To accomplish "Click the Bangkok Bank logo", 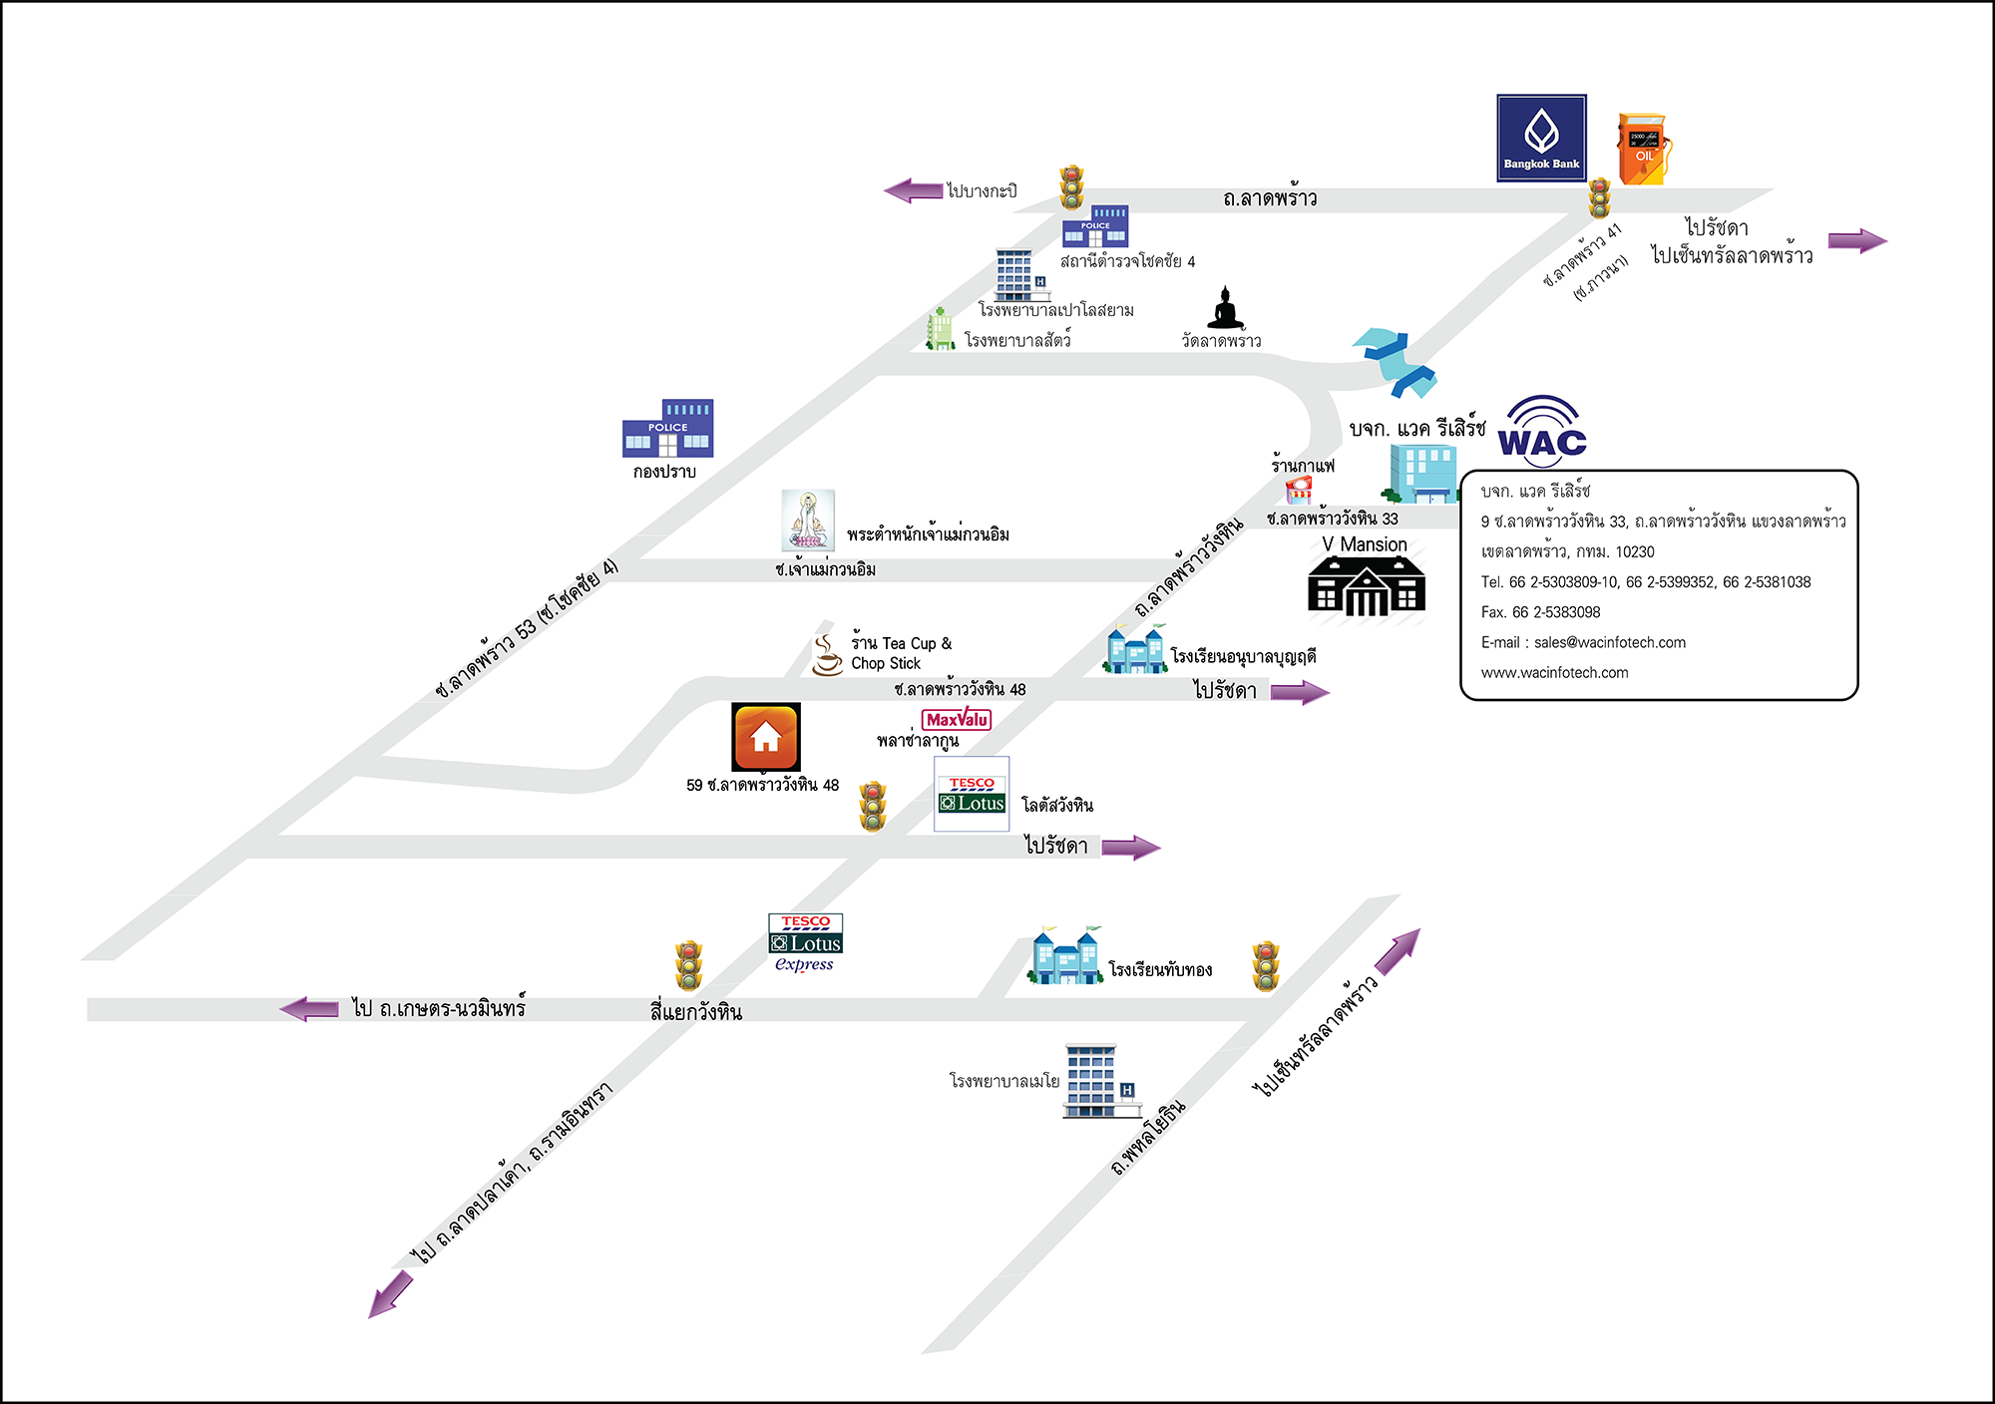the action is click(x=1541, y=138).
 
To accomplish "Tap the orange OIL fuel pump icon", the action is click(x=1643, y=150).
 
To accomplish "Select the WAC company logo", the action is click(x=1542, y=431).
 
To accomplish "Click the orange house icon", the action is click(x=766, y=737).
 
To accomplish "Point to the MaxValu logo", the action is click(x=957, y=719).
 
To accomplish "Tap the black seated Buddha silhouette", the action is click(x=1226, y=308).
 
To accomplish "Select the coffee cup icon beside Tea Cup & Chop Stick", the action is click(x=826, y=655).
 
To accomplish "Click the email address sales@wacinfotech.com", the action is click(x=1610, y=642).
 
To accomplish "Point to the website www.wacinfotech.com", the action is click(x=1554, y=673).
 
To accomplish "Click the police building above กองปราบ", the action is click(x=667, y=428).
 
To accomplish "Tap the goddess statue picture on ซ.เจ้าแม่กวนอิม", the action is click(x=808, y=521).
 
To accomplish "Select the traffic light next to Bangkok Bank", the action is click(x=1600, y=197).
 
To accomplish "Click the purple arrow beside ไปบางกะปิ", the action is click(x=913, y=189).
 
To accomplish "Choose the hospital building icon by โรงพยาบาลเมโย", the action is click(x=1099, y=1081).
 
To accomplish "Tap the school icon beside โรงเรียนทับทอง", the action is click(x=1065, y=955).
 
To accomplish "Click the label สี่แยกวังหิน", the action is click(x=696, y=1012).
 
